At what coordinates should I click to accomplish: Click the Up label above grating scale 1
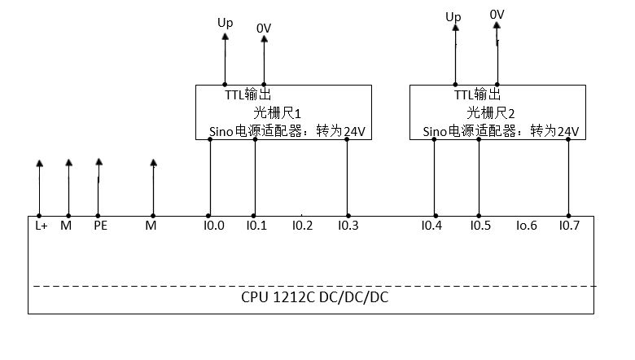point(225,23)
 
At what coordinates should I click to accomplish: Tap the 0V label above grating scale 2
point(497,15)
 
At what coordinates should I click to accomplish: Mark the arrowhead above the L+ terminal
point(39,164)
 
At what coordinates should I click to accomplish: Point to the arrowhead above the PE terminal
point(99,162)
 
